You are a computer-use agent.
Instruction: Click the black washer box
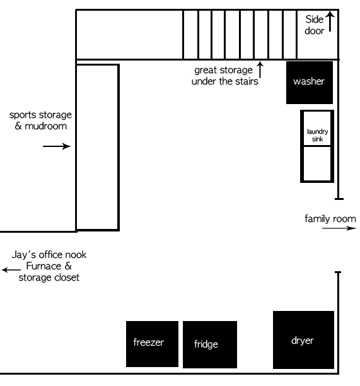(x=310, y=83)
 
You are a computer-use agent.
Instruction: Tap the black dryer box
(x=303, y=340)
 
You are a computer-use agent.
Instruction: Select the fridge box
(x=210, y=344)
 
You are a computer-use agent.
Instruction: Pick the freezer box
(x=152, y=344)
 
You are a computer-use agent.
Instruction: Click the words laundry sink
(x=317, y=135)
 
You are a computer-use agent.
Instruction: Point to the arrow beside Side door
(x=330, y=21)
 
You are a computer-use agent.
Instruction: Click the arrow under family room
(x=339, y=228)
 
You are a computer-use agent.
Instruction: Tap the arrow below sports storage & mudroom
(x=57, y=146)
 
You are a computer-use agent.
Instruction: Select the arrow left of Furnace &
(x=11, y=270)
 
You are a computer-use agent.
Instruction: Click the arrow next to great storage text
(x=260, y=69)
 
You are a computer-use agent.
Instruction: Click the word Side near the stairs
(x=314, y=19)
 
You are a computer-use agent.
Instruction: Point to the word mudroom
(x=46, y=126)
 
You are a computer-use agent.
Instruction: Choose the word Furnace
(x=44, y=266)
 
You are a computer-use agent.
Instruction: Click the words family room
(x=330, y=219)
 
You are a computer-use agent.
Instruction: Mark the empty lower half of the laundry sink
(x=317, y=164)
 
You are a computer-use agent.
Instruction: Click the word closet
(x=67, y=278)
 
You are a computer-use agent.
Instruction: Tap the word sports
(x=23, y=115)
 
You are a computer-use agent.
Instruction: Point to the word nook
(x=78, y=255)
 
